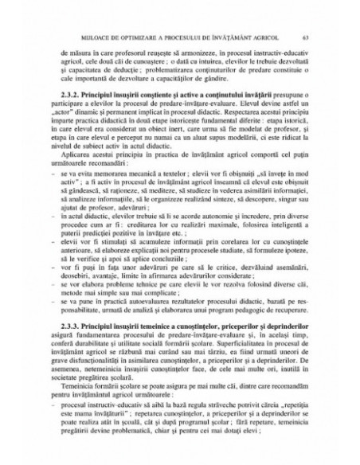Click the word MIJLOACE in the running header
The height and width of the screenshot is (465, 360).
pyautogui.click(x=105, y=35)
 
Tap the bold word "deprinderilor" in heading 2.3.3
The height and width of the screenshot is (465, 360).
pyautogui.click(x=276, y=349)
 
